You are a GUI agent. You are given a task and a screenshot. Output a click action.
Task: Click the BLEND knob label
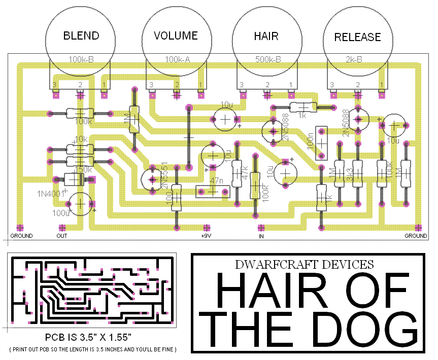point(81,36)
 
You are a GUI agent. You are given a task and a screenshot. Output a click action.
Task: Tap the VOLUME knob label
point(176,36)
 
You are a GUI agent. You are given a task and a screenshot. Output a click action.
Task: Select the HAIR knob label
point(266,37)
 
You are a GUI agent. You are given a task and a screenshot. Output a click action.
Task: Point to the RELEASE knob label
point(357,37)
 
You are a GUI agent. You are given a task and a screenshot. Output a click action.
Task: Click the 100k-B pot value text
point(81,59)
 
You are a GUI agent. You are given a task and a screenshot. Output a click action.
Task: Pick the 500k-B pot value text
point(268,59)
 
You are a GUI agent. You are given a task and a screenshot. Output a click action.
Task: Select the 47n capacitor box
point(213,192)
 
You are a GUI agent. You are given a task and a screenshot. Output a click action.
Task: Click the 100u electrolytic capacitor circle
point(80,203)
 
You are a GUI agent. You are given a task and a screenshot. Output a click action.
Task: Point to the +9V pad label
point(206,236)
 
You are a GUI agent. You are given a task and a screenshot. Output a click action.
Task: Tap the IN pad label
point(262,236)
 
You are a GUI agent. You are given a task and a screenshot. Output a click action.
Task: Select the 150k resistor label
point(83,169)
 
